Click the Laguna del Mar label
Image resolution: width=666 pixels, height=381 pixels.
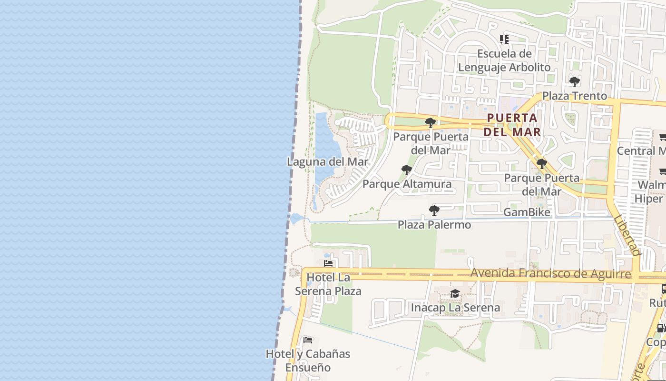[327, 162]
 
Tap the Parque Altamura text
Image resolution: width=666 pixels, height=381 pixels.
[407, 184]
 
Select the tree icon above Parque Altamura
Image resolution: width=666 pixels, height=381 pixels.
[407, 170]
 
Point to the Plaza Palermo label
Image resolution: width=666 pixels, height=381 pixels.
[434, 224]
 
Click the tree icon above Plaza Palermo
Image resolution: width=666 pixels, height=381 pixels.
[434, 210]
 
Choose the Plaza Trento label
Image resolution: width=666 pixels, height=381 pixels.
[575, 96]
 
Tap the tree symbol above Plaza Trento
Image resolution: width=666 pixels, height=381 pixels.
[575, 81]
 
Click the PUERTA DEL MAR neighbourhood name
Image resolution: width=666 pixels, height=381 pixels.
[512, 125]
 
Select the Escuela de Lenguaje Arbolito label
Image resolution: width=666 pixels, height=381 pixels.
[504, 60]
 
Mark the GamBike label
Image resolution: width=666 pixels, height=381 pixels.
[527, 212]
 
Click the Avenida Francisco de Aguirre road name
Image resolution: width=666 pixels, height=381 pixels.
[551, 273]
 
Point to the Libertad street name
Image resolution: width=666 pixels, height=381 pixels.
[627, 236]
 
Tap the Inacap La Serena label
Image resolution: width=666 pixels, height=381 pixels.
[455, 308]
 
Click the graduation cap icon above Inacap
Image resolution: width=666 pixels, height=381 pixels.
[455, 293]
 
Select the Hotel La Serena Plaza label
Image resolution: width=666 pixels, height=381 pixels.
[328, 284]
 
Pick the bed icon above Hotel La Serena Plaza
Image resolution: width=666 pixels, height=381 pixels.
[328, 263]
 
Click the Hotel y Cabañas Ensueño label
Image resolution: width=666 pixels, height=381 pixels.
[308, 361]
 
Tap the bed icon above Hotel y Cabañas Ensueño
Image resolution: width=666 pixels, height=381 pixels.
[308, 340]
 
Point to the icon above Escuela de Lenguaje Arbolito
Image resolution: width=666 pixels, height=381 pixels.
[504, 40]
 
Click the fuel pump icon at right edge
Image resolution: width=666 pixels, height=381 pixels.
[661, 328]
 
